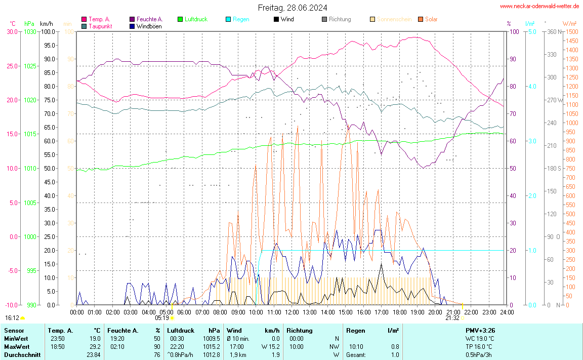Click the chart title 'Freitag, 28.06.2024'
click(x=292, y=8)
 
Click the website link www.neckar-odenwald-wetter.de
click(x=539, y=6)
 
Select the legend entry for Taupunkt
click(x=100, y=26)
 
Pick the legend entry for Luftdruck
click(x=196, y=19)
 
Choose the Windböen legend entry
click(x=149, y=26)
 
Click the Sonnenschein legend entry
click(x=394, y=19)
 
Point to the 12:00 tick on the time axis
click(x=291, y=312)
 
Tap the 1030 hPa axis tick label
click(x=30, y=31)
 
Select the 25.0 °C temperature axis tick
click(x=12, y=66)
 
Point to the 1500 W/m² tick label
click(x=571, y=31)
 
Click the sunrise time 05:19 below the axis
click(x=161, y=318)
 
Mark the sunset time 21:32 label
click(x=452, y=318)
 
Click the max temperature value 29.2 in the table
click(x=95, y=347)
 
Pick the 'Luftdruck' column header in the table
click(x=181, y=331)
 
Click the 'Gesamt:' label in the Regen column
click(x=356, y=355)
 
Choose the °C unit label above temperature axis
click(x=12, y=23)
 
